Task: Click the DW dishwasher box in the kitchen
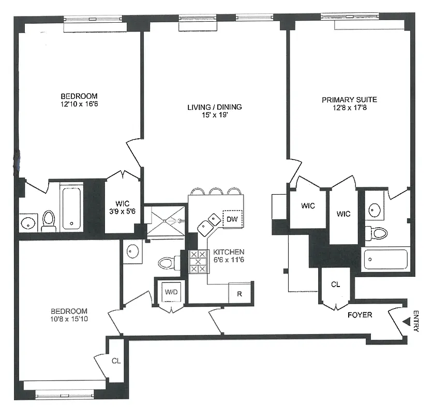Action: (232, 219)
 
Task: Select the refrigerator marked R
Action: (240, 293)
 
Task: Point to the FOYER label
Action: (359, 314)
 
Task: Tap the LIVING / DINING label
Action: (214, 107)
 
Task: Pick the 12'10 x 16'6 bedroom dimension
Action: (79, 104)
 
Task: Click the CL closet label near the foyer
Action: (336, 284)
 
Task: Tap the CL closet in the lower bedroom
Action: (116, 361)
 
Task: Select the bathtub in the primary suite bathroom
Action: (385, 259)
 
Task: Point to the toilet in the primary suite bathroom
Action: (378, 232)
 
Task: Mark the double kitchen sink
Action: (209, 222)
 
